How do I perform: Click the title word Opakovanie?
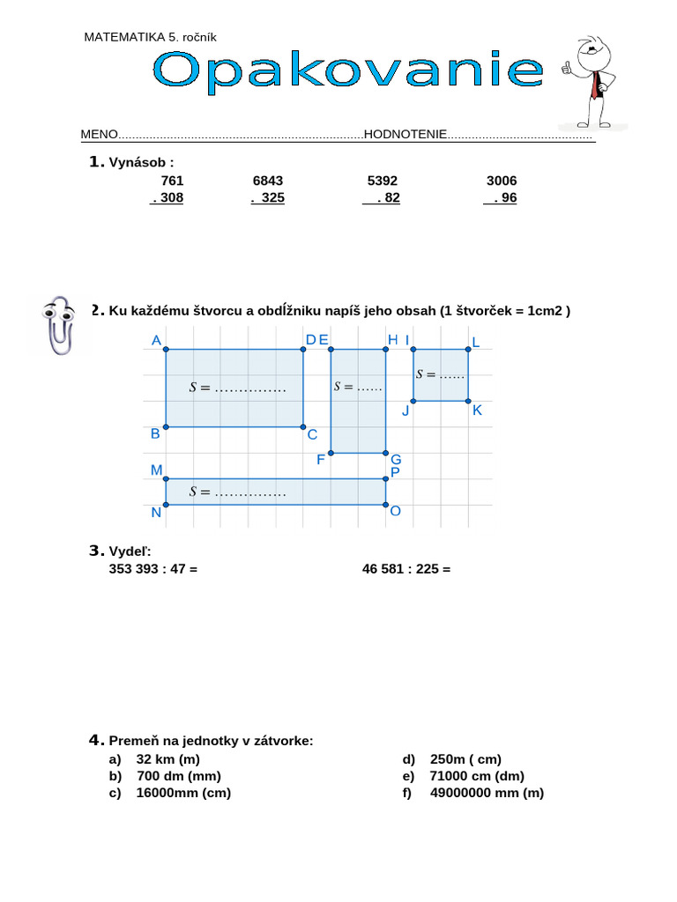point(348,70)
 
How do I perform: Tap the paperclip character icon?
point(59,324)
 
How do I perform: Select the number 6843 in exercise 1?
point(268,181)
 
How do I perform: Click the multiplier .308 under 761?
point(167,198)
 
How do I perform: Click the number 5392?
point(383,181)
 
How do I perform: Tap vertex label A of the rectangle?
point(156,341)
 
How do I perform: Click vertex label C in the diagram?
point(312,434)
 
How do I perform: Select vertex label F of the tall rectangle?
point(321,459)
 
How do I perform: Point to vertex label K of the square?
point(478,410)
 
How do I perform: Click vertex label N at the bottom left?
point(156,513)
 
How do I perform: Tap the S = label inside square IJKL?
point(439,374)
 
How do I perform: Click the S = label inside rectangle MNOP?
point(238,492)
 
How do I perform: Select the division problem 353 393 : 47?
point(153,569)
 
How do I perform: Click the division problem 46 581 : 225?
point(406,569)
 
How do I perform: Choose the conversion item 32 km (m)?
point(168,759)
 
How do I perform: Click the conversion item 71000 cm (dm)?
point(477,776)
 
